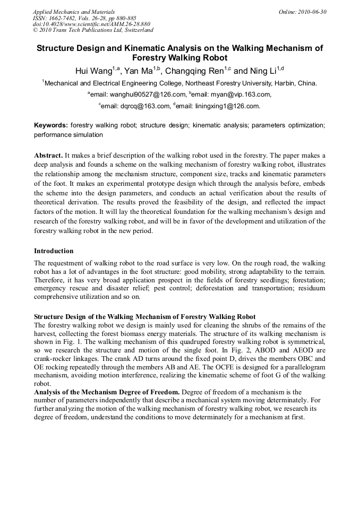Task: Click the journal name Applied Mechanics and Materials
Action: click(x=74, y=12)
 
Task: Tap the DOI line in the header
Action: click(x=91, y=24)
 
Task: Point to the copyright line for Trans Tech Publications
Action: click(x=93, y=30)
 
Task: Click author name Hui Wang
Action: click(x=93, y=71)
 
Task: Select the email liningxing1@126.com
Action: click(x=229, y=106)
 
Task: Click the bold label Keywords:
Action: click(x=51, y=125)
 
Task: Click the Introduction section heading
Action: click(x=54, y=251)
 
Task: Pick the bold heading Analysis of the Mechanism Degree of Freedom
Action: click(x=106, y=392)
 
